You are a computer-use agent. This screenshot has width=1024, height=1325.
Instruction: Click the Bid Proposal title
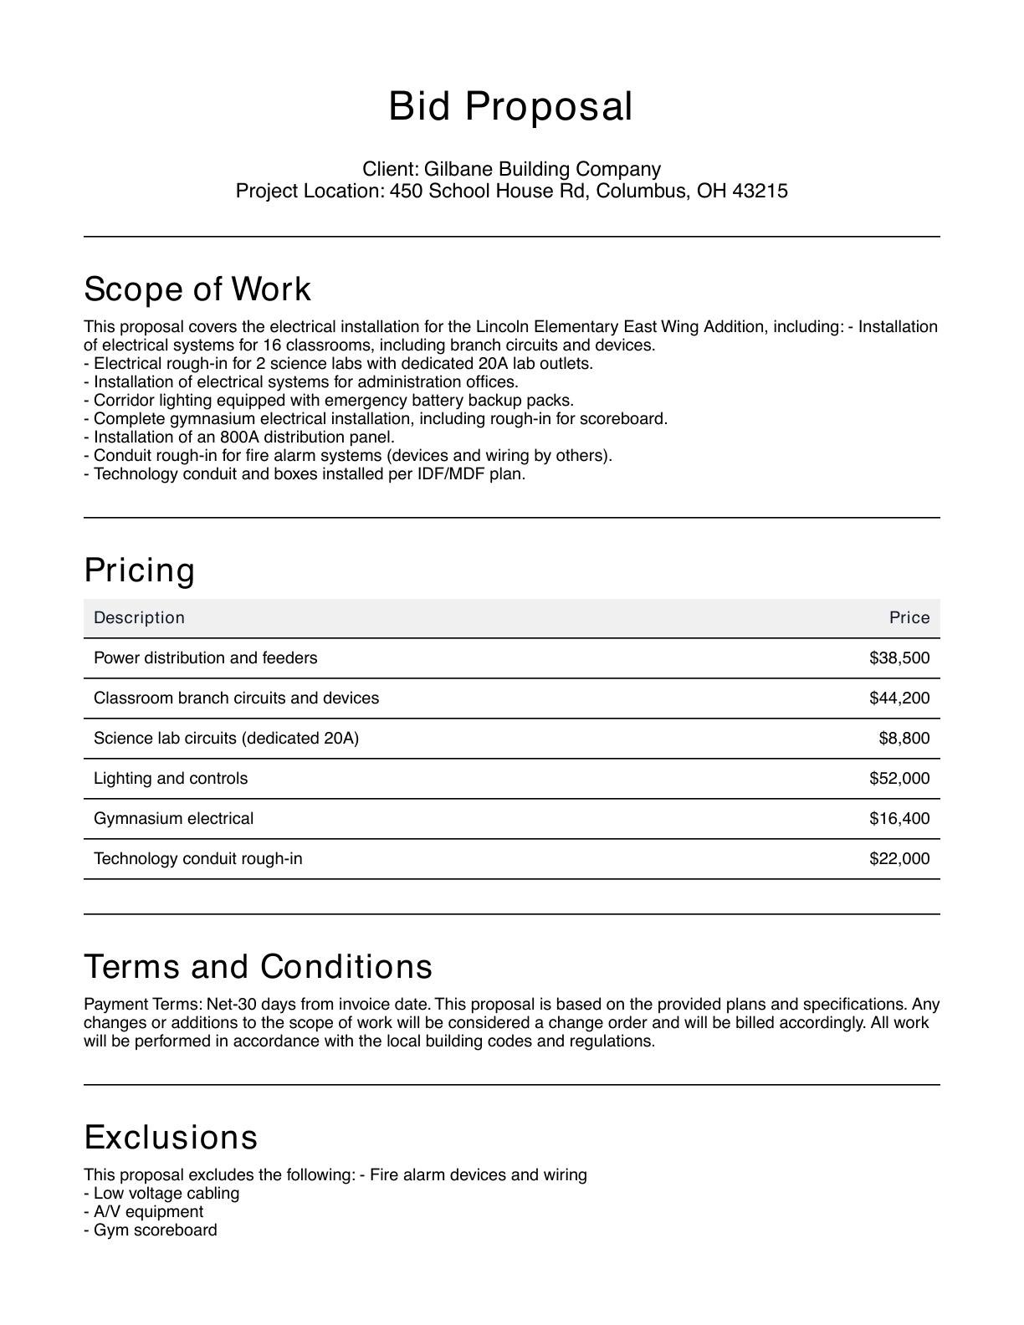(x=510, y=107)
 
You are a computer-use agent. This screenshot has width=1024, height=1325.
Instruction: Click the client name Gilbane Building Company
(x=542, y=170)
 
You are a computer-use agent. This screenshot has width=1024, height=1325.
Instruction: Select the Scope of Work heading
(x=197, y=289)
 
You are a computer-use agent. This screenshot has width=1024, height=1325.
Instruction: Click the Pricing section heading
(x=140, y=570)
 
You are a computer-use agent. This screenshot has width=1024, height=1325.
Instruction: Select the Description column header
(x=139, y=618)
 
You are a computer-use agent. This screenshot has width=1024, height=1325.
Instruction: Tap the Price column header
(x=909, y=618)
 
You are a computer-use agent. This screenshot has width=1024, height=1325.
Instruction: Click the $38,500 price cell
(x=899, y=658)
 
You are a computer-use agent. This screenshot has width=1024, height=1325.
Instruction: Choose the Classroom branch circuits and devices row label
(x=236, y=698)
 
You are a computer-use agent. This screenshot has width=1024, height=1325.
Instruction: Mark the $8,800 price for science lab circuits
(x=904, y=739)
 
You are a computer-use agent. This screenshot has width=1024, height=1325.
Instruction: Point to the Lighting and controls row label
(x=171, y=779)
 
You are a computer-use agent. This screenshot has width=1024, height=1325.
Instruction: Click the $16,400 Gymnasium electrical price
(x=899, y=819)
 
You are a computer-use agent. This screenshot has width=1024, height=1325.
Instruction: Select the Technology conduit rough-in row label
(x=198, y=859)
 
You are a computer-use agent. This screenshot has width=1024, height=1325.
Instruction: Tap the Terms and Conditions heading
(x=259, y=967)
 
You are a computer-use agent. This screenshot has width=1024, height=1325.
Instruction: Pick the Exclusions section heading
(x=172, y=1138)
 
